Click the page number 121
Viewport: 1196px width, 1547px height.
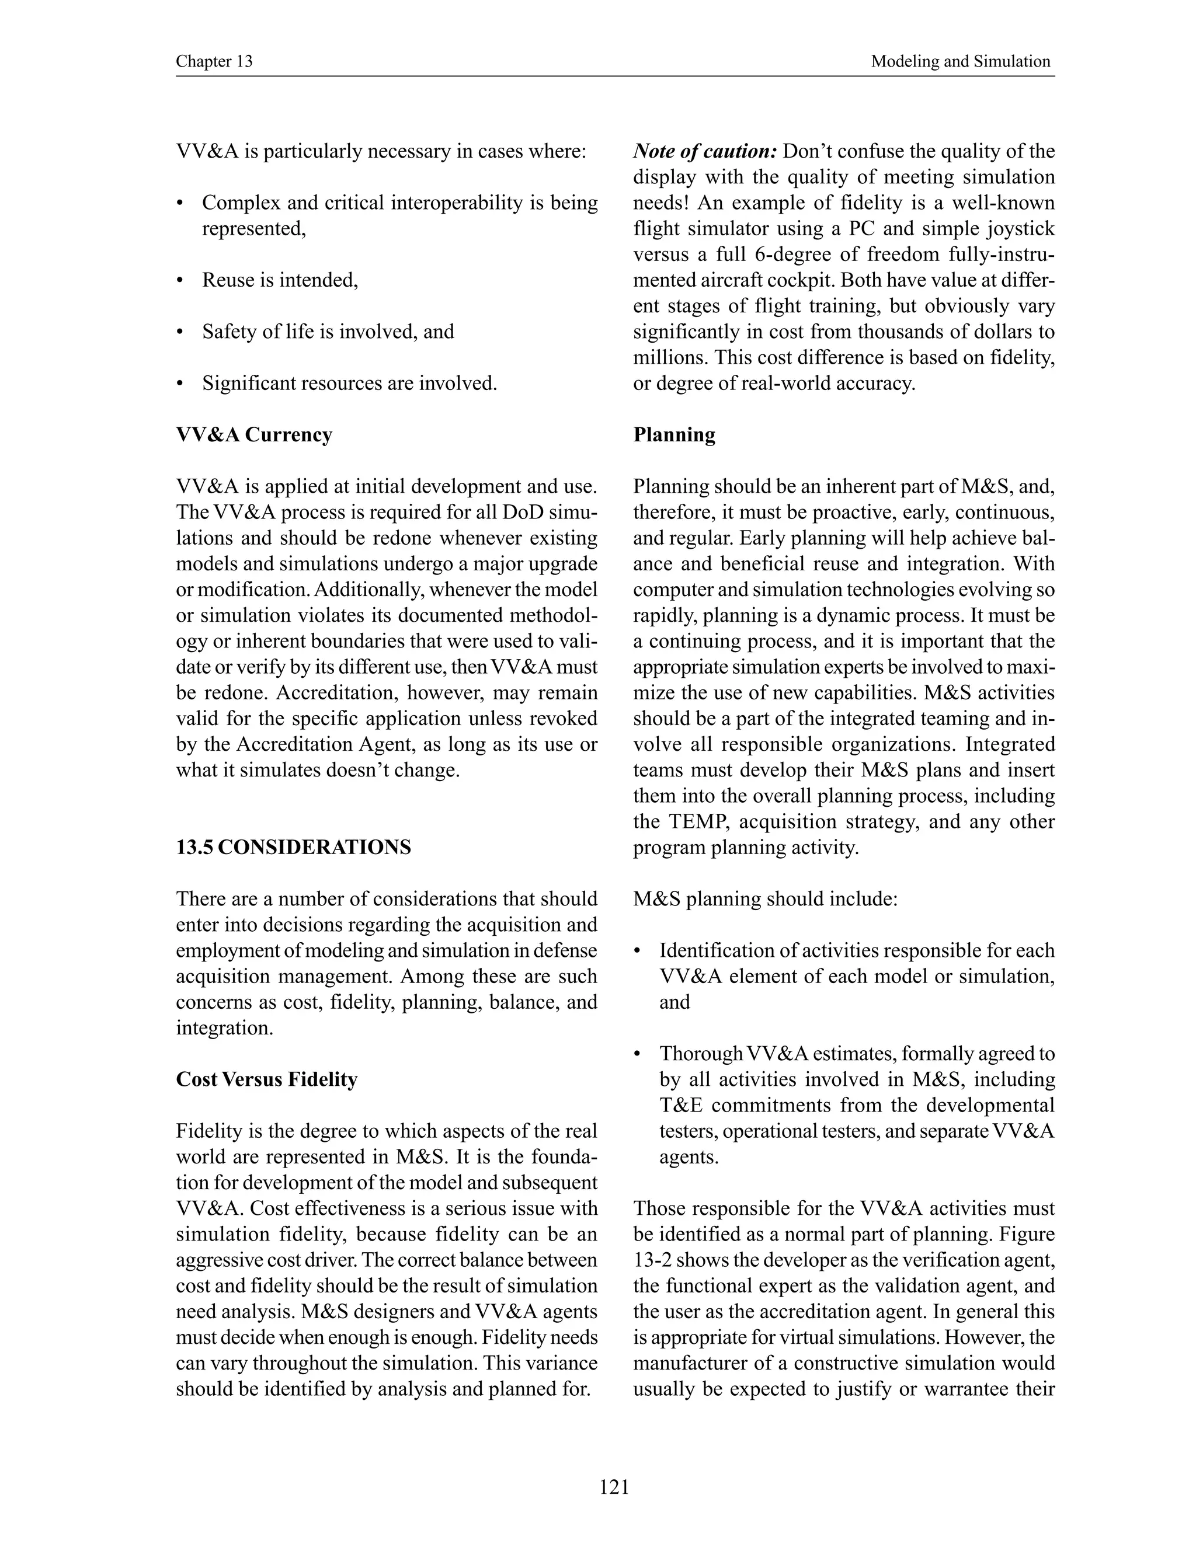pyautogui.click(x=614, y=1487)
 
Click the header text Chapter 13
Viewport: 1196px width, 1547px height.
pyautogui.click(x=214, y=62)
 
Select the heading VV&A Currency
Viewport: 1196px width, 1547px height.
pyautogui.click(x=253, y=434)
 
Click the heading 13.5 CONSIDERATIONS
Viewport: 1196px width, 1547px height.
pyautogui.click(x=293, y=847)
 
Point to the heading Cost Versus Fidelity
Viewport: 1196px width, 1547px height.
pyautogui.click(x=266, y=1079)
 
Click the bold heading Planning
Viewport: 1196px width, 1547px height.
pyautogui.click(x=674, y=434)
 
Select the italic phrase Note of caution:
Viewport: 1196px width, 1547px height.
pyautogui.click(x=705, y=151)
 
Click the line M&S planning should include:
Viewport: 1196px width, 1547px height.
pyautogui.click(x=765, y=899)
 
